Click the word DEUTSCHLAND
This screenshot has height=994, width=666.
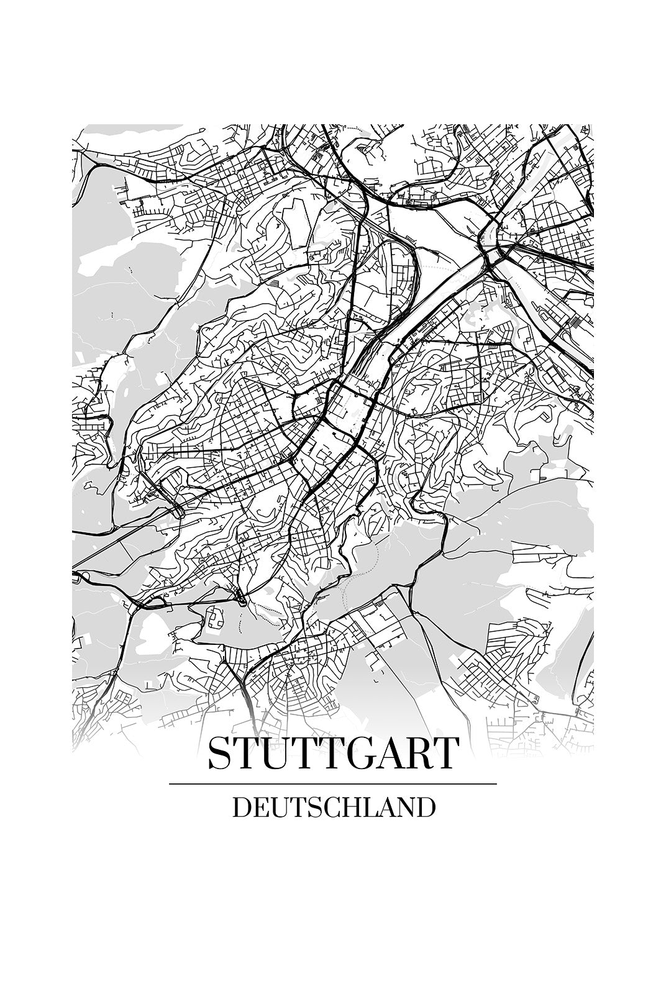click(333, 807)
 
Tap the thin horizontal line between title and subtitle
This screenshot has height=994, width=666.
click(333, 784)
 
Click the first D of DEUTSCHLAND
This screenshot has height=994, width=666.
click(241, 807)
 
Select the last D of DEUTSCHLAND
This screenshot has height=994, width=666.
click(426, 807)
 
